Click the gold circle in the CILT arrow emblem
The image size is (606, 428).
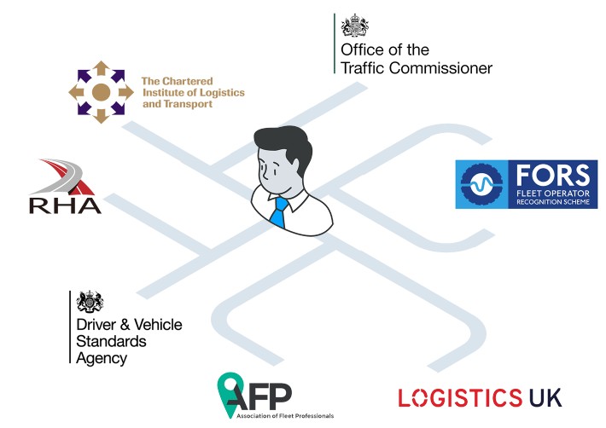pos(101,92)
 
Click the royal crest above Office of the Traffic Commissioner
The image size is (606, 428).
pos(351,25)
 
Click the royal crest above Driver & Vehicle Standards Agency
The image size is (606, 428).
pos(87,302)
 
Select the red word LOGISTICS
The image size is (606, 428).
pos(460,397)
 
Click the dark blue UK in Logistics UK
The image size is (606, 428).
pos(545,397)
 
